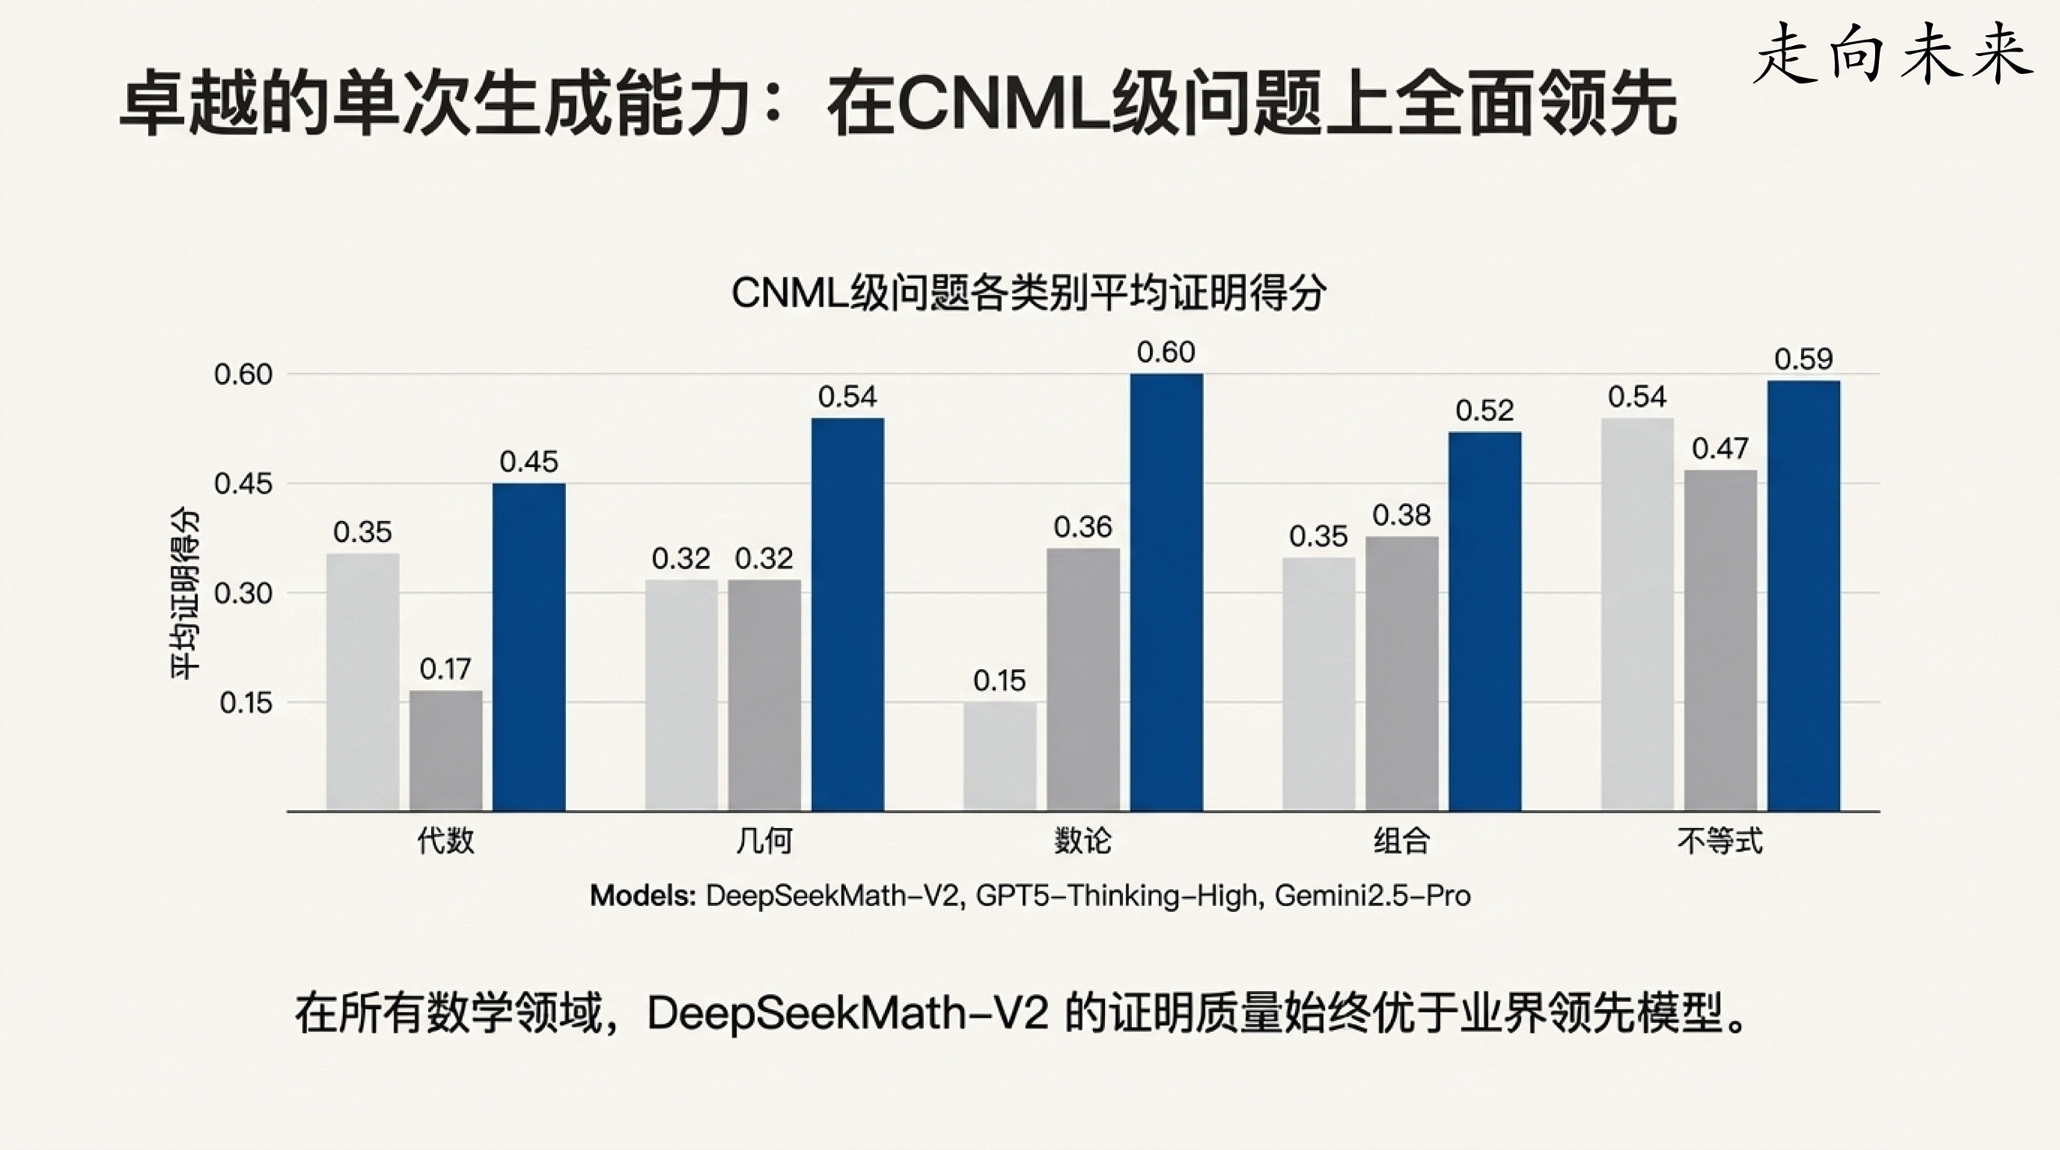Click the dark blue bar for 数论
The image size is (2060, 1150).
[1166, 592]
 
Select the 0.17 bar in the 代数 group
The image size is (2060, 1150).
[445, 750]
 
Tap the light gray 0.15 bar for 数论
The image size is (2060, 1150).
[1000, 755]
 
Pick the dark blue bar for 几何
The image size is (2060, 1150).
[848, 614]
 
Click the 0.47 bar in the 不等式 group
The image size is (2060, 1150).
[1720, 640]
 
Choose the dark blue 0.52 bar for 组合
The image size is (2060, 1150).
[1485, 621]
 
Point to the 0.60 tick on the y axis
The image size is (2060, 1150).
[243, 374]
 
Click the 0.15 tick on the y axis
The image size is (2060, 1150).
[246, 703]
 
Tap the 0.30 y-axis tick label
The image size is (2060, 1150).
[243, 593]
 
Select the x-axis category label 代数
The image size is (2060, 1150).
[445, 840]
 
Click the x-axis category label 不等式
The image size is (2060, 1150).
[1719, 840]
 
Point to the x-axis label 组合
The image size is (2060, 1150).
[1401, 840]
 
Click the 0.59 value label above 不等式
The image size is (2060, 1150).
[1803, 359]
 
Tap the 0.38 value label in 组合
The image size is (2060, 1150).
[1401, 515]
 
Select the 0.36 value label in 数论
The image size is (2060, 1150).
[1083, 527]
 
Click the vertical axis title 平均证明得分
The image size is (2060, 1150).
[184, 593]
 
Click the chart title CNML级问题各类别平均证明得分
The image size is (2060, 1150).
[1029, 292]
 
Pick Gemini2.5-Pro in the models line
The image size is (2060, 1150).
[1372, 896]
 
